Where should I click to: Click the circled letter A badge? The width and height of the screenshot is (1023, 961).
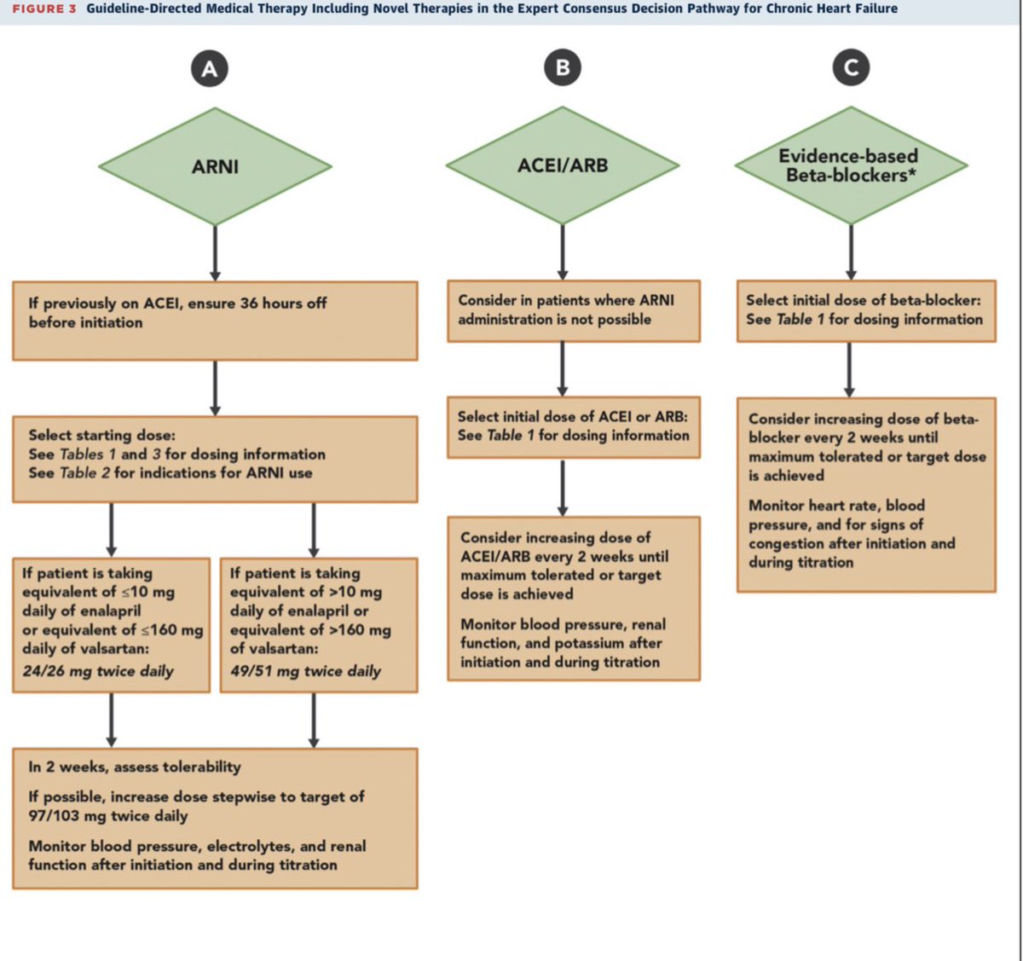pos(209,69)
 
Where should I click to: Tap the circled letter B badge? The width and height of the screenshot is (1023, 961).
pos(563,67)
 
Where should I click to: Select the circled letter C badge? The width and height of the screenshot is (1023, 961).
pos(851,67)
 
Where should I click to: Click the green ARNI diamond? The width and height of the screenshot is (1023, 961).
pos(215,167)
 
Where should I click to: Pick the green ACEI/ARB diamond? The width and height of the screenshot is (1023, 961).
pos(563,165)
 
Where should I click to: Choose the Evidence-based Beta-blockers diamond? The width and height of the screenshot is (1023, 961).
pos(851,165)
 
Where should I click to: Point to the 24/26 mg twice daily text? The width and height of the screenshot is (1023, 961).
pos(98,671)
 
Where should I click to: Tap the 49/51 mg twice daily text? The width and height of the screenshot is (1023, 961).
pos(305,671)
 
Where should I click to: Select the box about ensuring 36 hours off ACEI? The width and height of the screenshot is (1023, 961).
pos(215,321)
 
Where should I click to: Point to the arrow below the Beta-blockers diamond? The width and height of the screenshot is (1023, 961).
pos(851,252)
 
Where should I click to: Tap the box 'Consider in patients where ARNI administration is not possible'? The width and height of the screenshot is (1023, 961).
pos(574,310)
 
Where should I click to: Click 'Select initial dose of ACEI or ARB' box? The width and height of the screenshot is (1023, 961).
pos(574,426)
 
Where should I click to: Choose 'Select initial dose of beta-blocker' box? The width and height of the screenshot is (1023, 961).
pos(865,310)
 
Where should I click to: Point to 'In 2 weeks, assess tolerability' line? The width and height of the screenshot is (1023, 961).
pos(135,767)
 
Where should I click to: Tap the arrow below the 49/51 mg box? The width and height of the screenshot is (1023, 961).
pos(314,720)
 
